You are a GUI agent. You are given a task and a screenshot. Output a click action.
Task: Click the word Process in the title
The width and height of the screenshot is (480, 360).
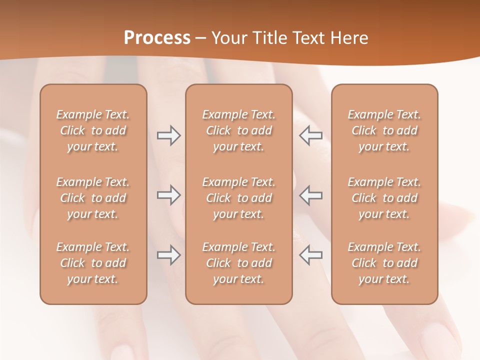(157, 38)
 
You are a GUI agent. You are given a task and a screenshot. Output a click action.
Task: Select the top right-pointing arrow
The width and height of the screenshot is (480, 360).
(168, 135)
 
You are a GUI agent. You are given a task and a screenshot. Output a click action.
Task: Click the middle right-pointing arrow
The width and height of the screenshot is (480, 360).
(168, 195)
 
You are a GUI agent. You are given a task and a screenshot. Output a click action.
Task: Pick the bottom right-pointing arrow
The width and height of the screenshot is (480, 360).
(168, 255)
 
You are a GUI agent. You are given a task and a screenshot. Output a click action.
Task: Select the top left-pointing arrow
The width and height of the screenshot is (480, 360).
(311, 135)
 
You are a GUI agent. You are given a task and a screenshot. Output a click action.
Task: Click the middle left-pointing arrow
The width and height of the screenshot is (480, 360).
(311, 195)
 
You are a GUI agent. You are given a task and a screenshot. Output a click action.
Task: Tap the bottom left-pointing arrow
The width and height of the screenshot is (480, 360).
(311, 255)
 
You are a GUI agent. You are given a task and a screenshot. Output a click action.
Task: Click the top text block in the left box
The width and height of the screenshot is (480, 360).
(93, 130)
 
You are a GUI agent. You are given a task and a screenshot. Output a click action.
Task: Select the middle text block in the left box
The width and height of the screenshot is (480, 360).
(93, 198)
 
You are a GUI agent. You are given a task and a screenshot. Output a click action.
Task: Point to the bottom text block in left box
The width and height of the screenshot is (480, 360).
(93, 263)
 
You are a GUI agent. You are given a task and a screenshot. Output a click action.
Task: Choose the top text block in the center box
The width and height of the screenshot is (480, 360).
(238, 130)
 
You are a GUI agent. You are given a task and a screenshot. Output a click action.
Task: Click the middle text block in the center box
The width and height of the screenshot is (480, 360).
(238, 198)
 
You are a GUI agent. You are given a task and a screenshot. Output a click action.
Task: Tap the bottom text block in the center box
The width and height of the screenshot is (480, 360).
(238, 263)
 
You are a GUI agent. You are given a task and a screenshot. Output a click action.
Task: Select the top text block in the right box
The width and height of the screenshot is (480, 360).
(384, 130)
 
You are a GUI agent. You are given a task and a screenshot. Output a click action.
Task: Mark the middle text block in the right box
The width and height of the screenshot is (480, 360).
(384, 198)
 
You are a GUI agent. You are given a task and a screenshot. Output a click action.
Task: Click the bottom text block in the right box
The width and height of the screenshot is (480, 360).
(384, 263)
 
